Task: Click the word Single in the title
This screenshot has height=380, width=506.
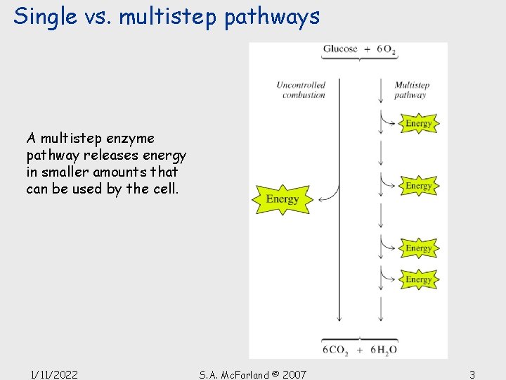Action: coord(45,17)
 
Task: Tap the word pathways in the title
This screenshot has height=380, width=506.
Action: coord(272,18)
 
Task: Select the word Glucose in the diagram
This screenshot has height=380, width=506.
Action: coord(340,49)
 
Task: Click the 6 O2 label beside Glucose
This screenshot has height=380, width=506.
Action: coord(387,49)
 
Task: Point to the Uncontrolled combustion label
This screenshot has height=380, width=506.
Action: coord(301,90)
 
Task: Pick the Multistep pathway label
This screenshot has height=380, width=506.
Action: coord(412,90)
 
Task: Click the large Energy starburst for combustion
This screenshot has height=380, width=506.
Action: coord(283,199)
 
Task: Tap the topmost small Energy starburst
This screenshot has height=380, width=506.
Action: coord(419,123)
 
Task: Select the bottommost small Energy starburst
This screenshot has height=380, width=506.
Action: coord(419,279)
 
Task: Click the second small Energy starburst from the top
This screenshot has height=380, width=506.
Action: coord(419,186)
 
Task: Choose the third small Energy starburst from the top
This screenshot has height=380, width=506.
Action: coord(419,248)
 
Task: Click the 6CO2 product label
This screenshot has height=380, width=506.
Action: coord(335,350)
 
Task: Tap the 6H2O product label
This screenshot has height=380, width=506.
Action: coord(384,350)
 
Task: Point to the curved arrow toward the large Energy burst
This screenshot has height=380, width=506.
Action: coord(331,196)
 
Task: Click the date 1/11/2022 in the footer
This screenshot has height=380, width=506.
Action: coord(54,375)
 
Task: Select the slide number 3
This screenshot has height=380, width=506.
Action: coord(472,375)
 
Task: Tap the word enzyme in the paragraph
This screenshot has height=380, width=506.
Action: coord(130,139)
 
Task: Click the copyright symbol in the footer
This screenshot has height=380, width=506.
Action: coord(275,374)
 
